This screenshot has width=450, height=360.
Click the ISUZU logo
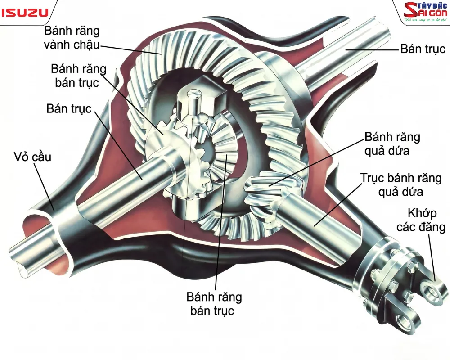pos(25,12)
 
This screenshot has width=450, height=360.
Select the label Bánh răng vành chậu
pos(72,38)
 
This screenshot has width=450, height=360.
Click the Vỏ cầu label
pos(32,157)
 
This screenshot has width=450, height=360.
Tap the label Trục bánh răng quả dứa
pos(401,184)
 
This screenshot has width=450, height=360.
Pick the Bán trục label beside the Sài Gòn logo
pos(423,49)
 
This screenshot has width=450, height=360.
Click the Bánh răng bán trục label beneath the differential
pos(214,304)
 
